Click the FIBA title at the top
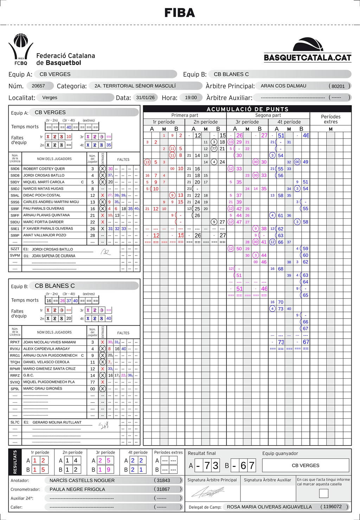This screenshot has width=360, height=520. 180,13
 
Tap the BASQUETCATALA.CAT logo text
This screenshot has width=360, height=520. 307,58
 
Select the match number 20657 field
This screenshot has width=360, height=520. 38,86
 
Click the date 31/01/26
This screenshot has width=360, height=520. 145,97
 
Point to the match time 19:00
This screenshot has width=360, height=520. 191,97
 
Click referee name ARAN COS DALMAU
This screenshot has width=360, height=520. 283,86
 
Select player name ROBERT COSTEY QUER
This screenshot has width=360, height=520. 44,169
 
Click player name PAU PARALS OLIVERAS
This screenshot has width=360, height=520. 44,208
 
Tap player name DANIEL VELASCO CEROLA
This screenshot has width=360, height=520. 46,362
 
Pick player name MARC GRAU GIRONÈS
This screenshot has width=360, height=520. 43,389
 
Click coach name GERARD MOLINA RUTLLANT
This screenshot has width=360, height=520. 57,422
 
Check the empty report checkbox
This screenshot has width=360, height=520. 323,493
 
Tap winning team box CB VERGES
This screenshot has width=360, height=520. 306,466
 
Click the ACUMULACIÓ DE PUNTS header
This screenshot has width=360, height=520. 247,109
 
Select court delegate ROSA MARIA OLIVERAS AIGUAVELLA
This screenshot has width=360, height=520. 269,507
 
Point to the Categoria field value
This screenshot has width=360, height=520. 135,86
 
